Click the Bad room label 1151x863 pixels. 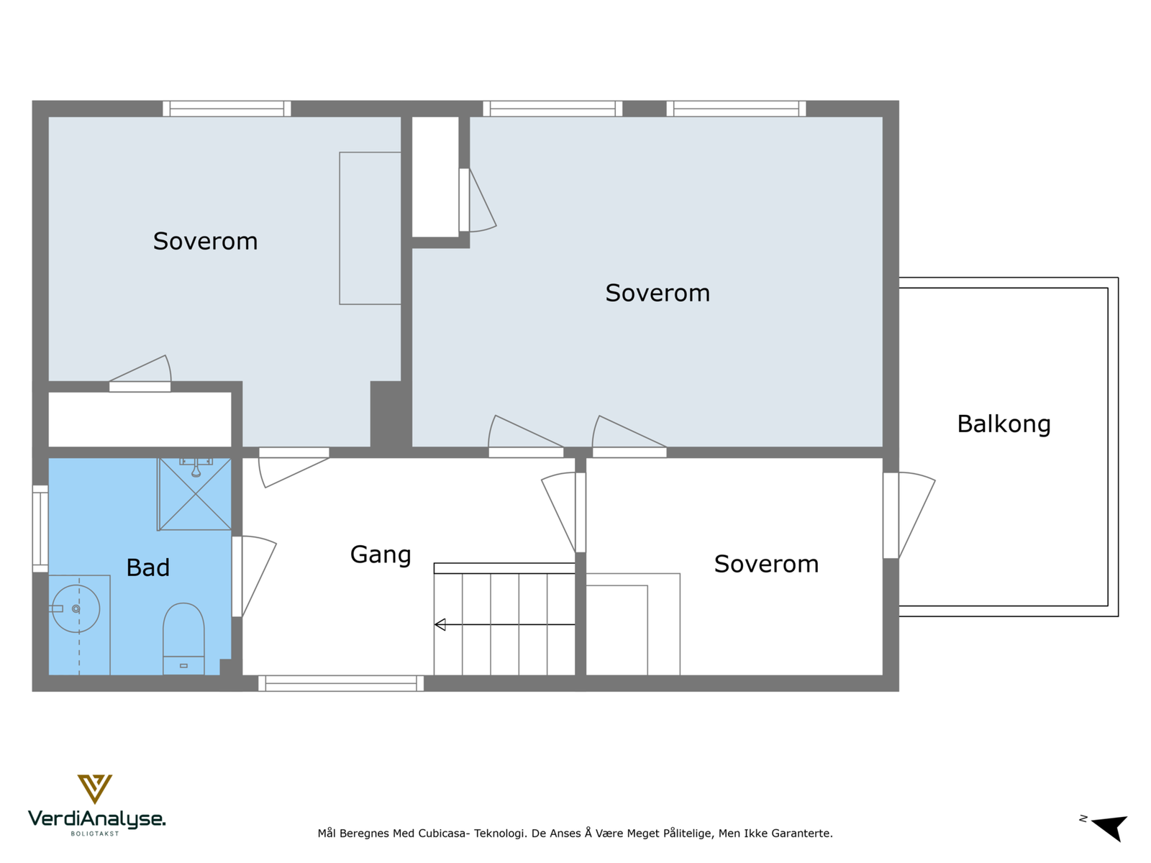pos(148,567)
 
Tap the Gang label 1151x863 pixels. pos(380,555)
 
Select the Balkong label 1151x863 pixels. pos(1004,424)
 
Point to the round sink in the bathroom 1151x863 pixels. pos(76,609)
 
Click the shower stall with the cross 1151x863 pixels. pos(194,494)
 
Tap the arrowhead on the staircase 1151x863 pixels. pos(440,624)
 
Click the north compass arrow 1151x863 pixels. pos(1111,828)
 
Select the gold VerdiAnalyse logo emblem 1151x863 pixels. pos(95,789)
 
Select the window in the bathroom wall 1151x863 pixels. pos(40,529)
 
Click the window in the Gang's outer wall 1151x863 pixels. pos(341,683)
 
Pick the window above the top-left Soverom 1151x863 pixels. pos(227,109)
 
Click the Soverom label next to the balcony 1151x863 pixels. pos(766,565)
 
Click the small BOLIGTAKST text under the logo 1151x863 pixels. pos(95,834)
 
